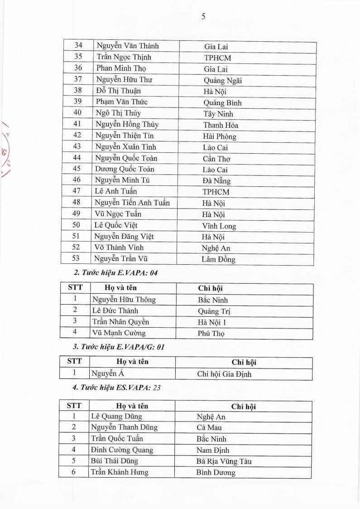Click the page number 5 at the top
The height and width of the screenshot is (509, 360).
point(203,17)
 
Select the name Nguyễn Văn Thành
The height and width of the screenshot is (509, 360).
point(127,46)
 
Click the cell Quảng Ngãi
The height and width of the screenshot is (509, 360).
point(223,80)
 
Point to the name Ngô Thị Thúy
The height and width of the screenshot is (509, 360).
point(118,113)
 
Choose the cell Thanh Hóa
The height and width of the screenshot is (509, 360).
point(221,125)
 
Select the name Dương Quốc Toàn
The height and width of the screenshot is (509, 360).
point(125,170)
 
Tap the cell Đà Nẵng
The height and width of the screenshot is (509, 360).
point(216,181)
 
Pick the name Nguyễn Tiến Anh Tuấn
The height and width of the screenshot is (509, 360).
point(132,203)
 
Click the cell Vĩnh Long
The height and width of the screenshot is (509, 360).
point(219,226)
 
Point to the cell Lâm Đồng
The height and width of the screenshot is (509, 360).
point(218,260)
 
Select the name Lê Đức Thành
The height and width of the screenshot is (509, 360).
point(115,311)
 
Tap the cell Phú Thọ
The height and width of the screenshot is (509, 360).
point(211,333)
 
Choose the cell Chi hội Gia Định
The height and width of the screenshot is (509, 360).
point(224,374)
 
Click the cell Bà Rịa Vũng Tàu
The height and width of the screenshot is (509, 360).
point(224,461)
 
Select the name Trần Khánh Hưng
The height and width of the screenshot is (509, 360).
point(120,472)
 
